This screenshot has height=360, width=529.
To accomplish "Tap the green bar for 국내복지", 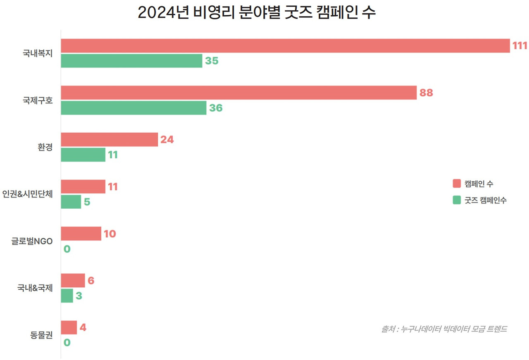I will [131, 61].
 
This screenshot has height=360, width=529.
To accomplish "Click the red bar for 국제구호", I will [238, 93].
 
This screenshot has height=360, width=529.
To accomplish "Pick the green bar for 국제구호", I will [133, 108].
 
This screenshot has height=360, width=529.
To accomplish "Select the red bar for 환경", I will [110, 140].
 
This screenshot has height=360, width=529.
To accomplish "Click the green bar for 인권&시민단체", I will [71, 202].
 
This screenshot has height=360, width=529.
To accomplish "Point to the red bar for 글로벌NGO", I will [81, 234].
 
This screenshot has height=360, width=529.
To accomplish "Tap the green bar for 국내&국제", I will [67, 296].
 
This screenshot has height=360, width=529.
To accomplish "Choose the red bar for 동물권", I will [69, 327].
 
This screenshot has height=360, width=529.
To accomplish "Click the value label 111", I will [520, 46].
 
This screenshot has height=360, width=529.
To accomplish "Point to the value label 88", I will [426, 93].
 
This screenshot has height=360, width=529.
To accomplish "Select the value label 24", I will [167, 140].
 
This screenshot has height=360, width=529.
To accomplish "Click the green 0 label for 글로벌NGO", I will [67, 249].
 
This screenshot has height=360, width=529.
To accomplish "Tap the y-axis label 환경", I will [45, 148].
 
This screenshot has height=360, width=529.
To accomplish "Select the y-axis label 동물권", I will [41, 335].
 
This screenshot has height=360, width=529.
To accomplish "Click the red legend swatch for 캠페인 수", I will [456, 184].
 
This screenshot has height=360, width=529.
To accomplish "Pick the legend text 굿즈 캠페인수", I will [486, 200].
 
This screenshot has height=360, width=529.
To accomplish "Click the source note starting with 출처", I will [444, 329].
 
